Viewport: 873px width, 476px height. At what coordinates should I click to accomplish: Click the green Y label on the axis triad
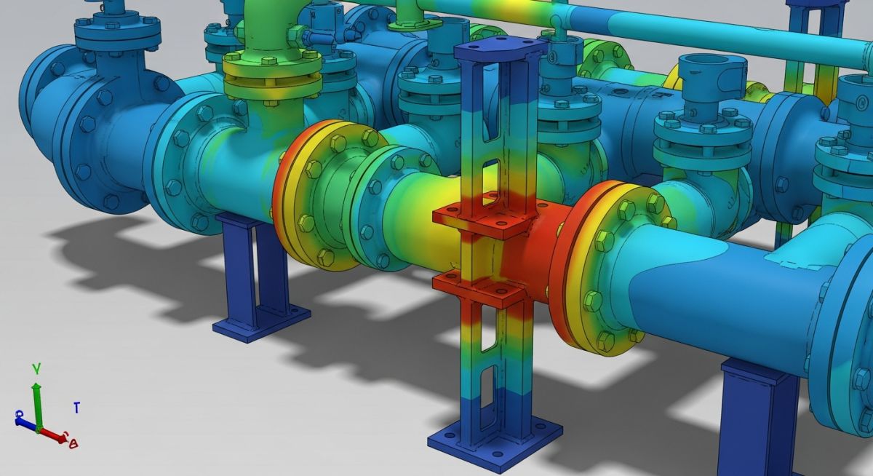pyautogui.click(x=36, y=369)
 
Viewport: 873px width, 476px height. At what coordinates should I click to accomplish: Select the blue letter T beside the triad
pyautogui.click(x=76, y=408)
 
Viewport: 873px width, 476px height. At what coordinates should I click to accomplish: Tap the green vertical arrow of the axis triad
pyautogui.click(x=36, y=400)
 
